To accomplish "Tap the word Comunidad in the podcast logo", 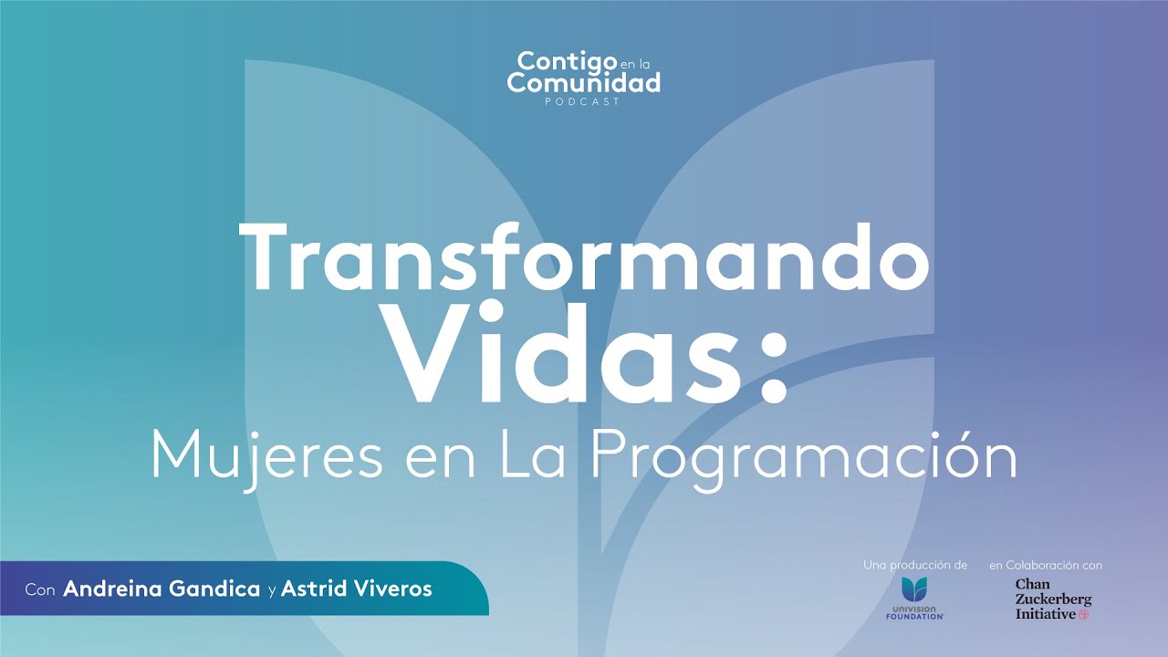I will point(584,83).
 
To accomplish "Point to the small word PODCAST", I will point(583,102).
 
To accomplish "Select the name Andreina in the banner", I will point(114,589).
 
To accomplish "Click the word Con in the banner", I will point(40,589).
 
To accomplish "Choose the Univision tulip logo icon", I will point(914,589).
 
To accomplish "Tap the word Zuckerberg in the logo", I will point(1053,600).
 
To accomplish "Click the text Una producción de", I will point(914,566).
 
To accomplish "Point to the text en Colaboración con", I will point(1046,566).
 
